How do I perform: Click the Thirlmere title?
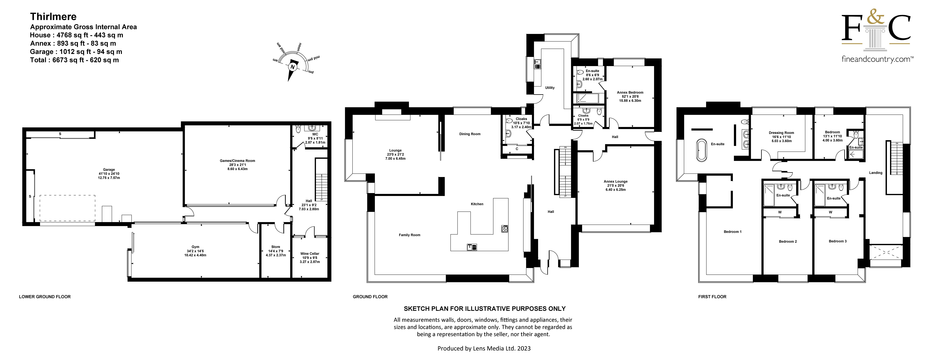(x=53, y=17)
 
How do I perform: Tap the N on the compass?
(x=292, y=67)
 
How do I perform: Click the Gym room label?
(x=195, y=247)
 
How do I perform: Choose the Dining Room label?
(x=470, y=134)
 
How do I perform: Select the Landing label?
(x=875, y=173)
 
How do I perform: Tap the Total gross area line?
(x=74, y=60)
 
